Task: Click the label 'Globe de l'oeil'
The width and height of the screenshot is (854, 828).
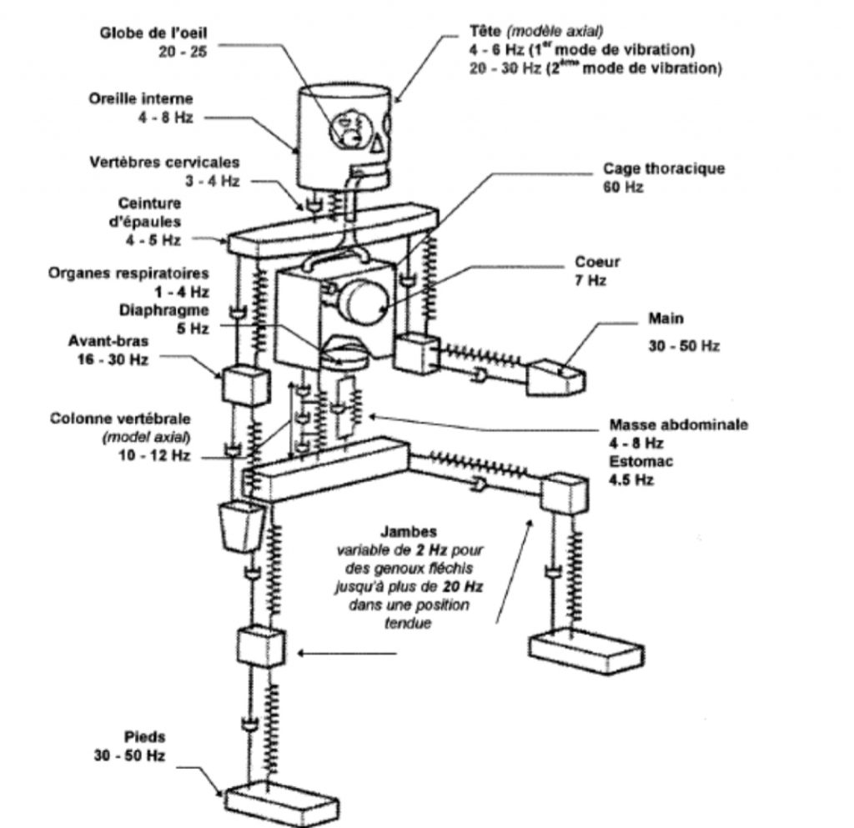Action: tap(153, 33)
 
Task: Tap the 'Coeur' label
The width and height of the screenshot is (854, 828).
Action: tap(597, 262)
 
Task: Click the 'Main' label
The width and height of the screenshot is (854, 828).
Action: tap(666, 319)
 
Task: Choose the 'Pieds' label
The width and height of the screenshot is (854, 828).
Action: tap(144, 737)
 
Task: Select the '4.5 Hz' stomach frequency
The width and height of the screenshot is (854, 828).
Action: tap(630, 480)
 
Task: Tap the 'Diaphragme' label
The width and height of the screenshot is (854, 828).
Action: tap(164, 310)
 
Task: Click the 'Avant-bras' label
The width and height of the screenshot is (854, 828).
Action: tap(108, 341)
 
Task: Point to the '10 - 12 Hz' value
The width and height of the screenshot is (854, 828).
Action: tap(154, 455)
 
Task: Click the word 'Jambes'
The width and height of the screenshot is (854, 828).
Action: tap(409, 532)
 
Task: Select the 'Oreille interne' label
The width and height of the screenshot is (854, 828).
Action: tap(140, 99)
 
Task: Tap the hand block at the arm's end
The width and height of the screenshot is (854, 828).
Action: tap(555, 377)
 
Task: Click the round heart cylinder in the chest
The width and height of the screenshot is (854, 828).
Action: tap(364, 300)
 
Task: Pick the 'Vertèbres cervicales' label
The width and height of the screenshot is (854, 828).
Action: tap(164, 163)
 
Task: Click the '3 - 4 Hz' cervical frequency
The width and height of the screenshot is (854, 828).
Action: tap(212, 181)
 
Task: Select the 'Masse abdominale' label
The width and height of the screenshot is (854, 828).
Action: tap(678, 424)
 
